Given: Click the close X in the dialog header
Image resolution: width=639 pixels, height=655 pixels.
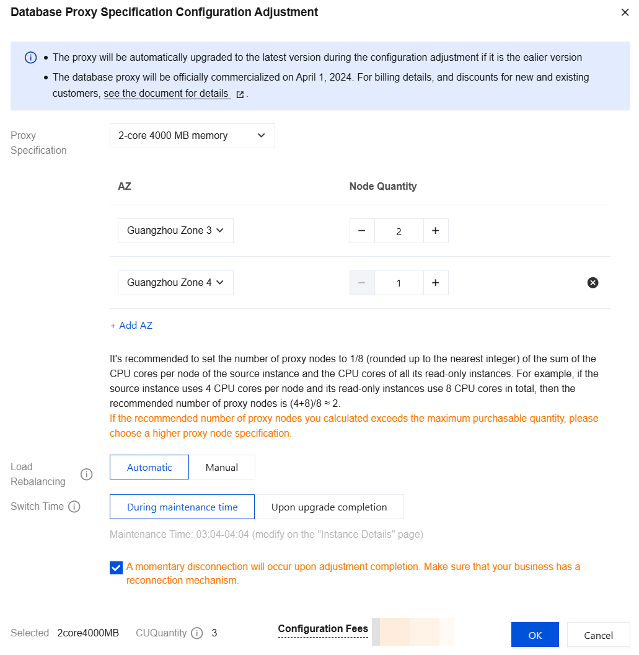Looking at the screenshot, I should coord(625,12).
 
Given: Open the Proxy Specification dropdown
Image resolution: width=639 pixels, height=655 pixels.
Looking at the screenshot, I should coord(192,136).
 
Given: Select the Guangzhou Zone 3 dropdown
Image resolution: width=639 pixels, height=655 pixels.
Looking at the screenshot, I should coord(175,231).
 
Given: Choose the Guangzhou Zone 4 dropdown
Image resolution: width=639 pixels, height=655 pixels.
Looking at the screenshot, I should coord(175,283).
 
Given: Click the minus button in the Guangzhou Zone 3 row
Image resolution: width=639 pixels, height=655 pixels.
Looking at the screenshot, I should coord(362,231).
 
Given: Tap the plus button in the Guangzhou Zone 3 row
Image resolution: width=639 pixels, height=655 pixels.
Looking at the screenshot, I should coord(436,231).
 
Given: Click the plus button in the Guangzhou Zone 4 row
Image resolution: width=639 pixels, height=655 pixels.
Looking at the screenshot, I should coord(436,283).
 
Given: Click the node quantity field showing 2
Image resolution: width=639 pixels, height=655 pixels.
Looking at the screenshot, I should coord(399,231).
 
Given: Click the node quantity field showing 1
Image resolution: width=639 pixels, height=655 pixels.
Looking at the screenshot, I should coord(399,283).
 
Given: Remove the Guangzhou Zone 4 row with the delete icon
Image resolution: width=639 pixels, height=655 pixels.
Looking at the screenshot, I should coord(593,283).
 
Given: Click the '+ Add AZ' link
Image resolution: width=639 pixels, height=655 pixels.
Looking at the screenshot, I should coord(131,326).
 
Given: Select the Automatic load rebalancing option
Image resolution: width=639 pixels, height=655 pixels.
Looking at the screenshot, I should coord(149,468).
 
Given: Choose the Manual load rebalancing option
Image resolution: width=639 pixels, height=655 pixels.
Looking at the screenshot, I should coord(222,468).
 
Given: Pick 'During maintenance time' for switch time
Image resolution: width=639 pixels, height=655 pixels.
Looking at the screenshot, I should coord(182,507).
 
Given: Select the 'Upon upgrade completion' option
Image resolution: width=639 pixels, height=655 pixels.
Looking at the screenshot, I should coord(329,507).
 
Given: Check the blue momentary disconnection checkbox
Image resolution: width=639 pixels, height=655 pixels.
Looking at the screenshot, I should coord(116,568).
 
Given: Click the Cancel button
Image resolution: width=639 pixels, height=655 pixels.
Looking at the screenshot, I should coord(598,635).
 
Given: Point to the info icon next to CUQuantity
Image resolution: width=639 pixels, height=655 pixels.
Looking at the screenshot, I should coord(197,633).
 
